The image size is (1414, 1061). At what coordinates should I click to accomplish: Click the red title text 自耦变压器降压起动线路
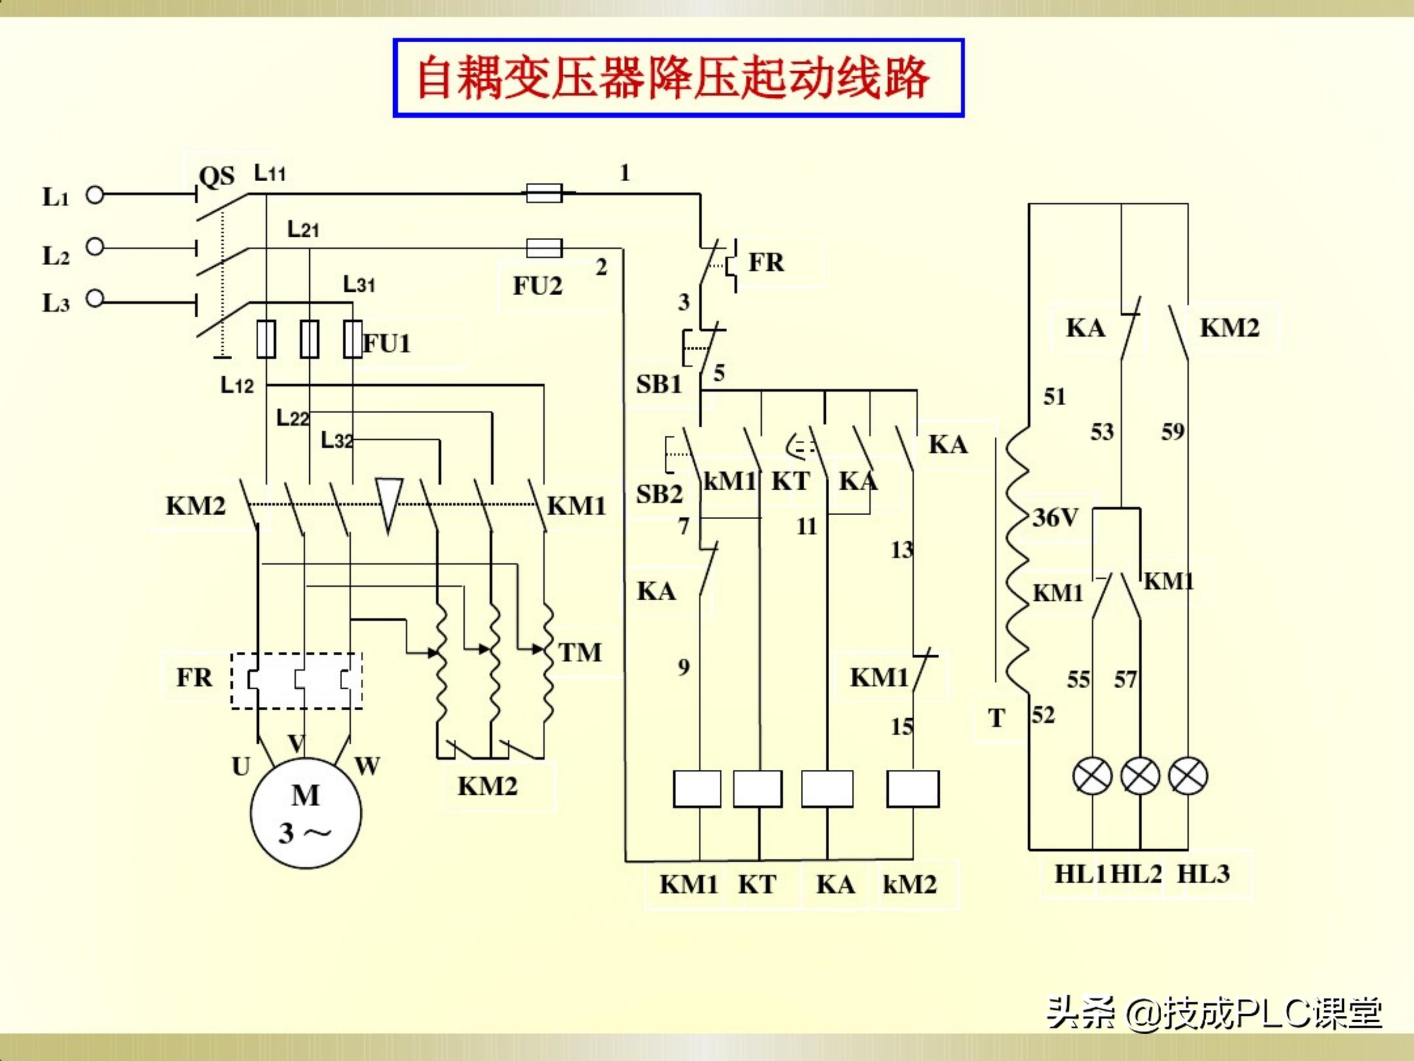click(673, 78)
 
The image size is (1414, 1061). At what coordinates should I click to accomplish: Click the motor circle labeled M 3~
click(305, 813)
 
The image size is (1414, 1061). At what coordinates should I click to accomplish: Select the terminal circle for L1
click(95, 195)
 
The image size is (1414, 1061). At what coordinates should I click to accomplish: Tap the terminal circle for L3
click(95, 298)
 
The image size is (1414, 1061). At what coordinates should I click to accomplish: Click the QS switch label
click(217, 176)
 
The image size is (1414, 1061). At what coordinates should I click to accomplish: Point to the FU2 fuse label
click(537, 286)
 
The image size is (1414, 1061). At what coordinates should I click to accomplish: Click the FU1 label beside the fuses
click(387, 344)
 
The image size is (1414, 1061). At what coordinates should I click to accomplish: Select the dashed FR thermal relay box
click(297, 680)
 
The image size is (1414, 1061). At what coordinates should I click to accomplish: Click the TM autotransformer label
click(580, 653)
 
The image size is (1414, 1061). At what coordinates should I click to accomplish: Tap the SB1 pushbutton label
click(659, 384)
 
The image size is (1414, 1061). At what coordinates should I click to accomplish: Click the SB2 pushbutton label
click(659, 494)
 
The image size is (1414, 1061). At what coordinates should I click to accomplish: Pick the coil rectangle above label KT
click(758, 788)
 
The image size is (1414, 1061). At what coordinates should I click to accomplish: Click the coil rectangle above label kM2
click(913, 788)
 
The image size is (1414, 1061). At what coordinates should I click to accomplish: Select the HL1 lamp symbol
click(1092, 776)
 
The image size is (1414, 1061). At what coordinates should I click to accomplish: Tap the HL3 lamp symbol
click(1188, 776)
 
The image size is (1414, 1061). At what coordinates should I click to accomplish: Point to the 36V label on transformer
click(1056, 517)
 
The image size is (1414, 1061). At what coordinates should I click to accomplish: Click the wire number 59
click(1172, 432)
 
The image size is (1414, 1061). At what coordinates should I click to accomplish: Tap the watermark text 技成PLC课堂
click(1272, 1013)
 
